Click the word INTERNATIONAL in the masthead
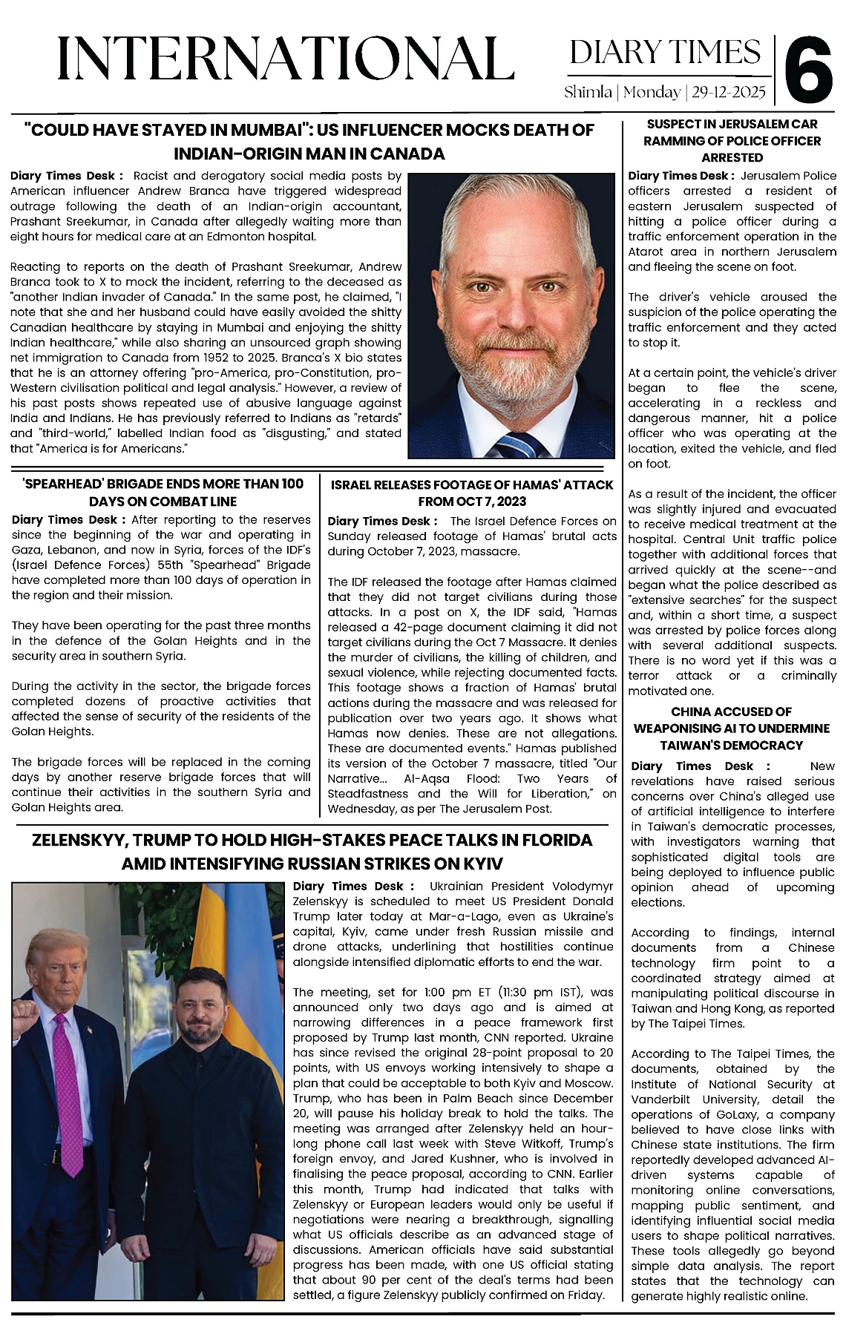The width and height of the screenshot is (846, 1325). (286, 59)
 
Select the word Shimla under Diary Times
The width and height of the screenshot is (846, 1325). (588, 93)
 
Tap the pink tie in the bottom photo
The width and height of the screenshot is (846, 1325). (69, 1098)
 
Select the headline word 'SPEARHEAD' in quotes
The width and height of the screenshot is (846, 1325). (59, 484)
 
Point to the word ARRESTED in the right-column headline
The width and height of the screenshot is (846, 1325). (732, 157)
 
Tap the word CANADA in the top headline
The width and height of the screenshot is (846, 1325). (406, 154)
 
